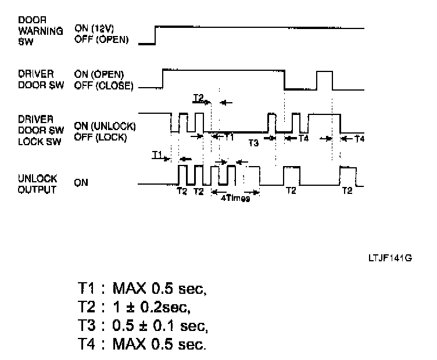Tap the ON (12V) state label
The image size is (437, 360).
pos(96,28)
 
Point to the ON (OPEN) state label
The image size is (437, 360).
pos(98,75)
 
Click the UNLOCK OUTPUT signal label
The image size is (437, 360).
pos(38,185)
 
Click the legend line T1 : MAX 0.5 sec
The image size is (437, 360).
pos(143,288)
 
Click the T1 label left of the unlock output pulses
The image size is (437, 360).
pos(157,154)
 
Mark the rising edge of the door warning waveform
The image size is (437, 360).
pos(155,35)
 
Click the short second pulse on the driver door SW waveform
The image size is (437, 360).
pos(324,80)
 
